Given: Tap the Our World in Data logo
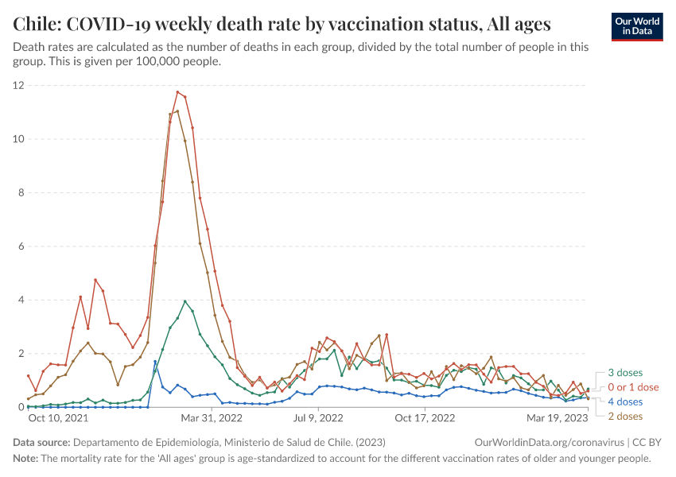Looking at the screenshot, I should pos(636,25).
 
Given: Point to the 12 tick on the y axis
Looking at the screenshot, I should pos(17,85).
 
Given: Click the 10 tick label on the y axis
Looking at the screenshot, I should pos(17,139).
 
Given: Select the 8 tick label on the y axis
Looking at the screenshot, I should pos(21,192).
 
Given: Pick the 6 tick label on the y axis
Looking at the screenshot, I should pos(21,246).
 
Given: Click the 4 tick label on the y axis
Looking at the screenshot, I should pos(21,300).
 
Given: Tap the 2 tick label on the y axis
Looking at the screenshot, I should pos(21,354).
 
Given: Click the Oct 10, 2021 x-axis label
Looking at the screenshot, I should pos(58,417).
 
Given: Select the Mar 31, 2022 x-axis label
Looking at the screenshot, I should pos(210,417).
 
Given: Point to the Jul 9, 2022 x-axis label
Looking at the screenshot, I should pos(318,417).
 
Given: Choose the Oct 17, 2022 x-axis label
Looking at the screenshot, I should pos(424,417).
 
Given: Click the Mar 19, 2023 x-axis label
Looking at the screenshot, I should pos(557,417).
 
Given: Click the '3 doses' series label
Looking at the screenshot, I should pos(625,373).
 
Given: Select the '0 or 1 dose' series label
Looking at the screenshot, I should pos(633,387).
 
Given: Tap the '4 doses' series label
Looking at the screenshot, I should pos(625,401).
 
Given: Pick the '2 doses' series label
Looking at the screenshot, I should pos(625,416).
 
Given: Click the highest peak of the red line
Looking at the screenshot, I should pos(177,92).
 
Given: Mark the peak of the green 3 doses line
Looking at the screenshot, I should pos(185,301).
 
